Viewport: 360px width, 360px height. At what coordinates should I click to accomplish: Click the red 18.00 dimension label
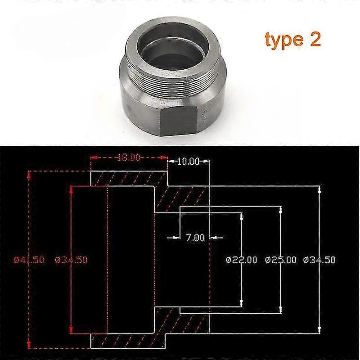(x=129, y=158)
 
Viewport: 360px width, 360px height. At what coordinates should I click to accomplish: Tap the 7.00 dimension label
(x=195, y=237)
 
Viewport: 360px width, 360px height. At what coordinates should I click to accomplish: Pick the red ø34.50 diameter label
(x=71, y=260)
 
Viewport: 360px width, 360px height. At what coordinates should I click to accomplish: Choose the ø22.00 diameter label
(x=241, y=260)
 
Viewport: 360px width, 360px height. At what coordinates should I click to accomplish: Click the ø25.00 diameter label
(x=281, y=260)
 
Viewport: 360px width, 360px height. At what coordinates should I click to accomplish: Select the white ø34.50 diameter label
(x=319, y=260)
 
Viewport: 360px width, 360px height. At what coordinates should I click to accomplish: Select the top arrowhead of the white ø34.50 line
(x=319, y=189)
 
